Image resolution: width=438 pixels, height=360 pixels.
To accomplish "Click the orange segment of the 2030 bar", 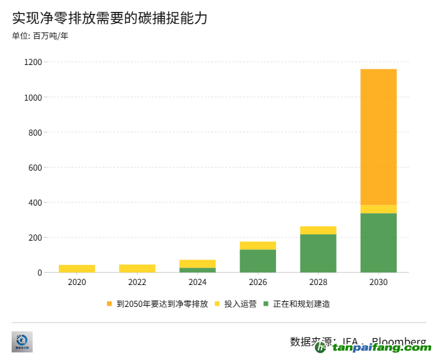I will click(x=379, y=137).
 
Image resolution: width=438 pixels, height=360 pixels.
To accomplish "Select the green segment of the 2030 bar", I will click(x=379, y=242).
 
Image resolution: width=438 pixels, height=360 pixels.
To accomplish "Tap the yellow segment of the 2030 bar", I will click(x=379, y=209).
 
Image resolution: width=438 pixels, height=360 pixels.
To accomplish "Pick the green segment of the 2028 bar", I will click(x=318, y=253).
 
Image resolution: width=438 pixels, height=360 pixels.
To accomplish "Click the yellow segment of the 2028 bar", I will click(x=318, y=230).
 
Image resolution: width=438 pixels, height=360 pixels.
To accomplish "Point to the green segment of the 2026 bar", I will click(x=258, y=261).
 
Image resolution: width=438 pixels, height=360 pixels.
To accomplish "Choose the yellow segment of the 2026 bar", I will click(x=258, y=246).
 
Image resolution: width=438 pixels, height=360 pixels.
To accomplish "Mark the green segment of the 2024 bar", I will click(x=197, y=270).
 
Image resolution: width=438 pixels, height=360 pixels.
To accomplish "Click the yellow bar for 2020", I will click(x=77, y=269).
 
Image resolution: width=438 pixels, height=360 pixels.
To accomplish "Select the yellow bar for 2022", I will click(x=137, y=269).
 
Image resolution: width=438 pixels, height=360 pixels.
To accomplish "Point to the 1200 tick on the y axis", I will click(x=33, y=62).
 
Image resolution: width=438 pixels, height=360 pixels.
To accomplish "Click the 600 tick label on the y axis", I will click(x=35, y=167).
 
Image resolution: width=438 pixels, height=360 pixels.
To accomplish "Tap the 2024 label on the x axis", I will click(x=197, y=282).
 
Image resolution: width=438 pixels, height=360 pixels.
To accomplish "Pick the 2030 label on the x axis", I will click(x=379, y=282).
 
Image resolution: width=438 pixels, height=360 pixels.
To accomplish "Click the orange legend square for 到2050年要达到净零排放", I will click(x=109, y=304).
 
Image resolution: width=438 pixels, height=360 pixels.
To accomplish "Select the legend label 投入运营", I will click(x=240, y=304).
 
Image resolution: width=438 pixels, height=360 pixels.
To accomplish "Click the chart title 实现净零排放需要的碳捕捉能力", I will click(x=109, y=18).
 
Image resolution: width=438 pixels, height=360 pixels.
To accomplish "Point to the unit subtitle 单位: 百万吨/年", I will click(x=40, y=36).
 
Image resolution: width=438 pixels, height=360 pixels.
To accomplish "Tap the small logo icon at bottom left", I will click(x=22, y=341).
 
